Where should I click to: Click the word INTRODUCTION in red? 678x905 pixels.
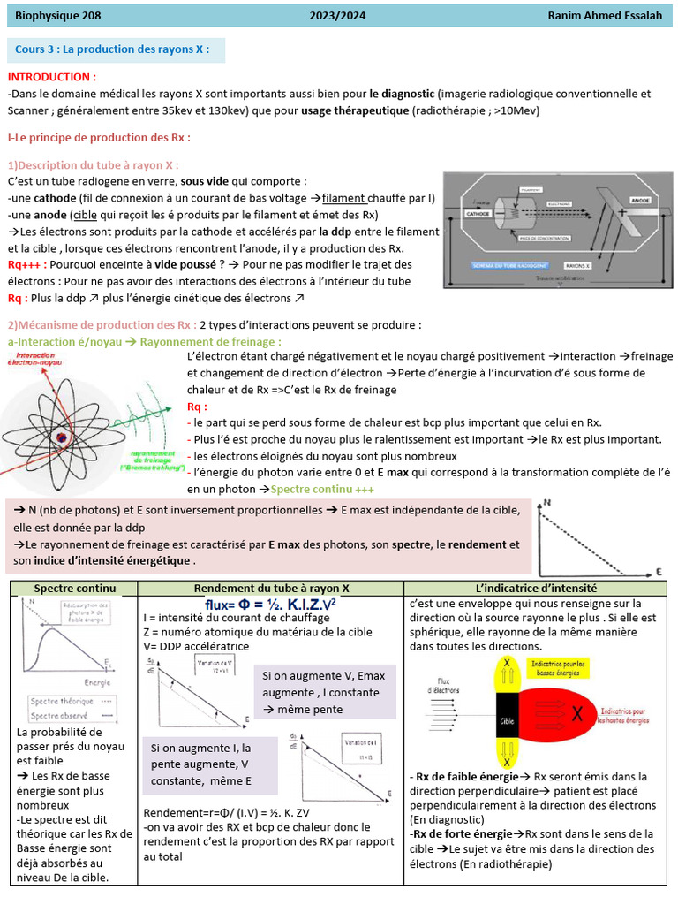(51, 77)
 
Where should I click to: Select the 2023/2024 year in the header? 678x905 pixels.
(337, 15)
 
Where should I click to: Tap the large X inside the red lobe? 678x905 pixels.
(576, 714)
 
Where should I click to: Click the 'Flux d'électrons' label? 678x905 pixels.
(441, 684)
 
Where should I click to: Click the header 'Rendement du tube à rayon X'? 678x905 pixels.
(271, 588)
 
